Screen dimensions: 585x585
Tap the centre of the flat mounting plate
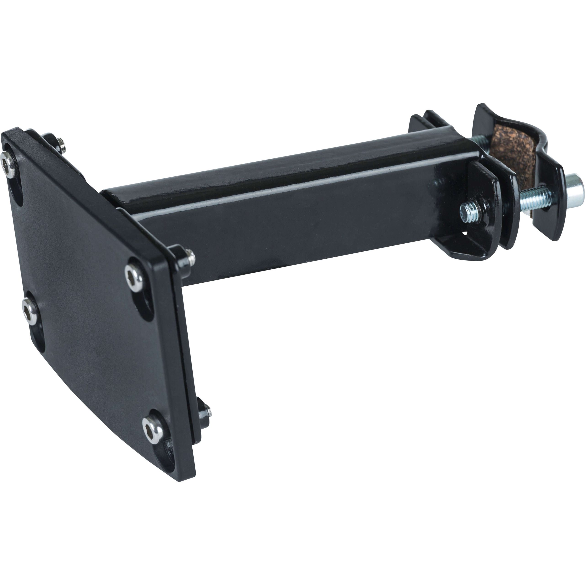coord(91,303)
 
